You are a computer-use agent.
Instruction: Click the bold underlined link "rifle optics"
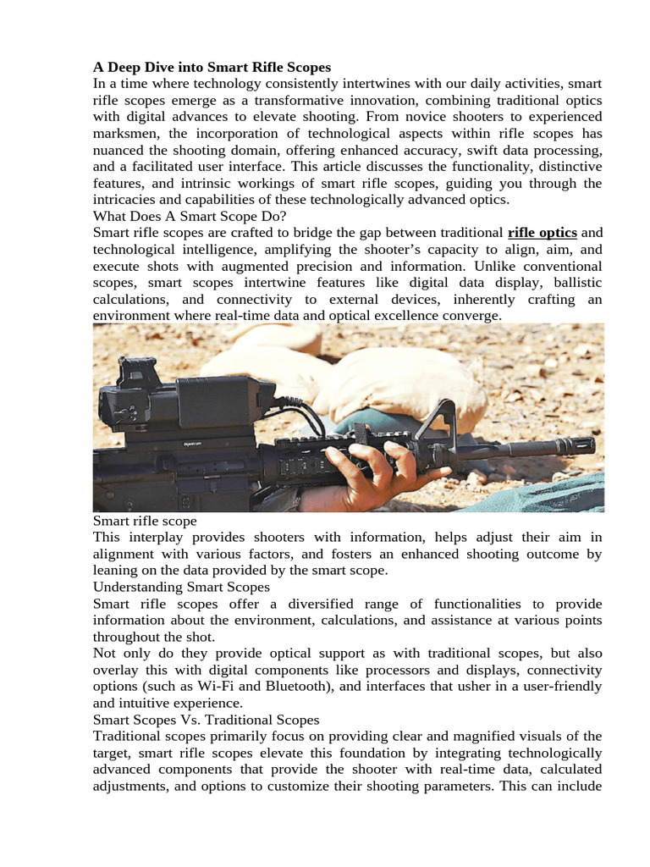pos(543,233)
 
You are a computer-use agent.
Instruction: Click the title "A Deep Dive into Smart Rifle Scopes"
pos(212,67)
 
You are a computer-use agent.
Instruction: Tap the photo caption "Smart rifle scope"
pos(144,522)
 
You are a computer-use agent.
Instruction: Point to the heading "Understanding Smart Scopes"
pos(181,587)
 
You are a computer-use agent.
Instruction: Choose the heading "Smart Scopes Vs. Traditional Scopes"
pos(207,720)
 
